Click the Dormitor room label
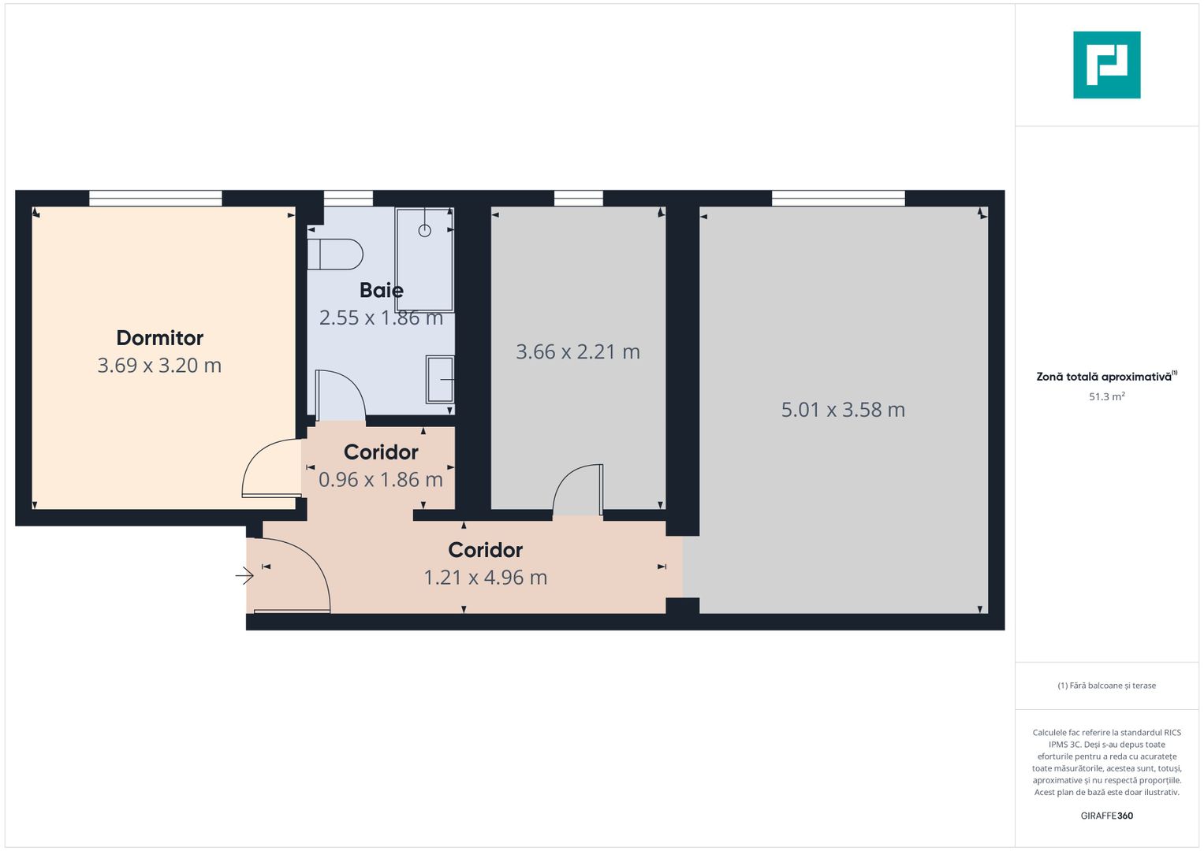(160, 338)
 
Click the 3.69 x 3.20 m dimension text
(159, 366)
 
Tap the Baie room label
(382, 290)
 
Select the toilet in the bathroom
(335, 255)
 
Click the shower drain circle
(425, 231)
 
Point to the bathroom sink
(440, 379)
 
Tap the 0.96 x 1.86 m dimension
(381, 480)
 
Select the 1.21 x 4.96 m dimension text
(486, 578)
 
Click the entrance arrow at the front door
(244, 577)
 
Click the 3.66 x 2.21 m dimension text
(578, 352)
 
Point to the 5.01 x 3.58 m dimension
(843, 410)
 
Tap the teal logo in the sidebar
(1106, 65)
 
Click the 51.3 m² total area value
(1106, 397)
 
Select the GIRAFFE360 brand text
(1106, 816)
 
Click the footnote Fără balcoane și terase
(1106, 686)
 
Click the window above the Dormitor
(155, 199)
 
